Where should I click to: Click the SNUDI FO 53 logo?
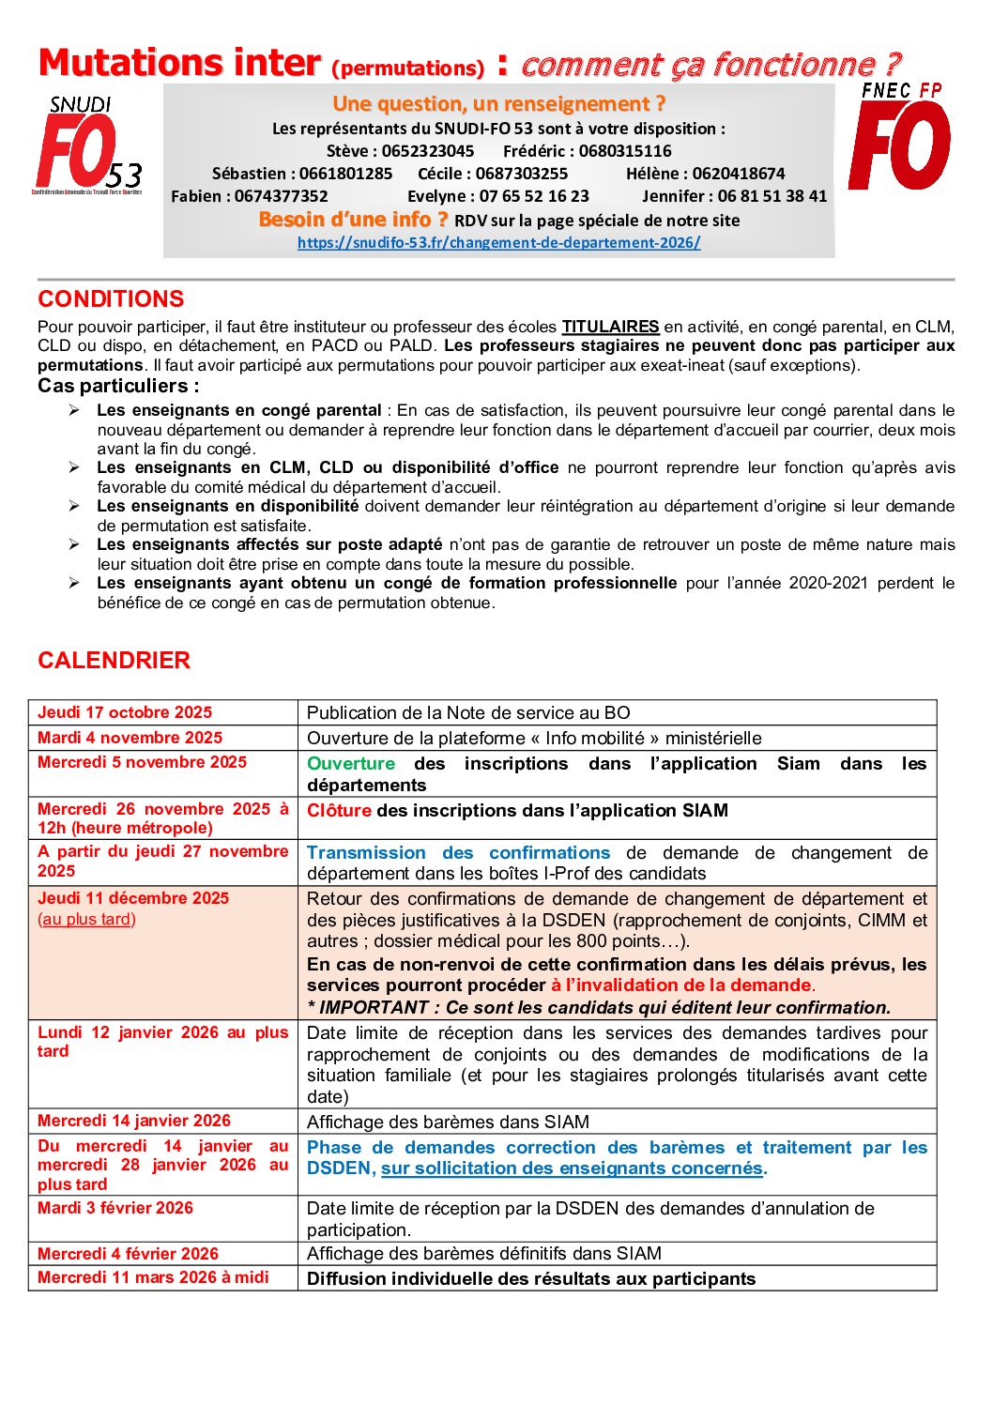(86, 145)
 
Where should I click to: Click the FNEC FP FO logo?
(900, 137)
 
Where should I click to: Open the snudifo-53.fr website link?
(498, 242)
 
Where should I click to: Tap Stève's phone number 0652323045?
(428, 151)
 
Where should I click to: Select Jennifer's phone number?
(772, 196)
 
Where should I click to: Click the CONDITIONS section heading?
(111, 299)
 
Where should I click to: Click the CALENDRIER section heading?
(114, 661)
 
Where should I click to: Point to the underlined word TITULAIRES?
(610, 327)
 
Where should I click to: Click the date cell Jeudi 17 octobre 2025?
(125, 712)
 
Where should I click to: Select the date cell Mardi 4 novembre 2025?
(130, 738)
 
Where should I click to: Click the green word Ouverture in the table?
(351, 764)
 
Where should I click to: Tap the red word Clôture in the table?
(339, 810)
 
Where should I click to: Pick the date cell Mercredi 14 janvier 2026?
(134, 1121)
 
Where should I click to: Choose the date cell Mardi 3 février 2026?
(115, 1208)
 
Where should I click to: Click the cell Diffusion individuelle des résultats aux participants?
(531, 1278)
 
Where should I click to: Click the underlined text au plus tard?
(86, 919)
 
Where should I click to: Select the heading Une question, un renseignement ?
(498, 103)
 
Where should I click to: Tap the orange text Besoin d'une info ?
(353, 220)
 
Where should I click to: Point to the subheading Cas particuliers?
(118, 386)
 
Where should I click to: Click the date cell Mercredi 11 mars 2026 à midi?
(153, 1277)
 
